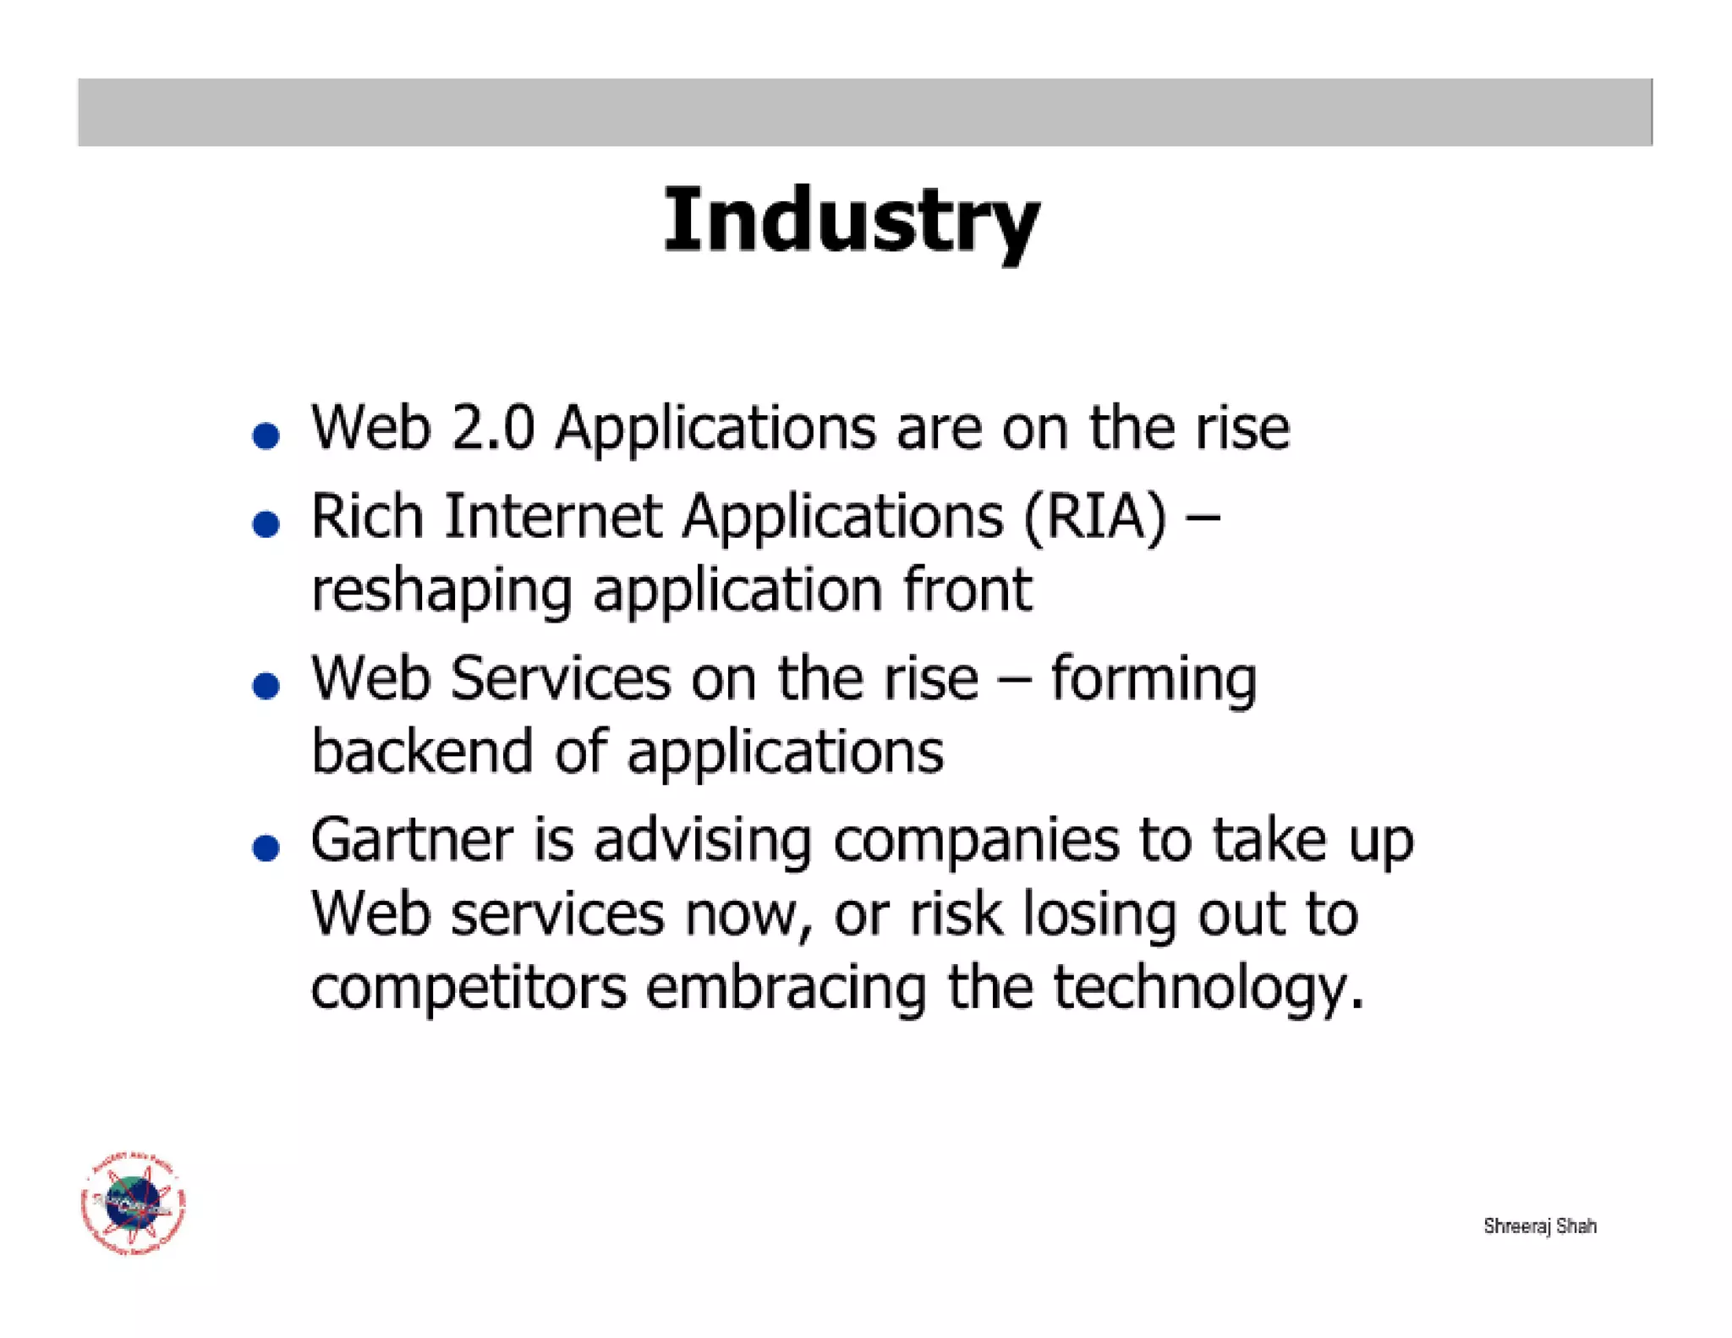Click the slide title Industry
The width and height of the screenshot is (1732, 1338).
[x=851, y=221]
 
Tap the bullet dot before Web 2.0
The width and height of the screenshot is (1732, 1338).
[x=266, y=436]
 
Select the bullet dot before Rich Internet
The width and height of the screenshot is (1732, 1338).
[x=266, y=524]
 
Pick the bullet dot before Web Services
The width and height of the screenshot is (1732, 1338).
[x=266, y=685]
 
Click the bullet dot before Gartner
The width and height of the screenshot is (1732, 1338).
[x=266, y=847]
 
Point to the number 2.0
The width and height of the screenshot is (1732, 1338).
[x=493, y=427]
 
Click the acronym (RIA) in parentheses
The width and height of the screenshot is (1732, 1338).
[x=1094, y=516]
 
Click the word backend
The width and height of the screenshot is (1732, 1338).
[x=422, y=751]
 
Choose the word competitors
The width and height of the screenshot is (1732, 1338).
[x=469, y=987]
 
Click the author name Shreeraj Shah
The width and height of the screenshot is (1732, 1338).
[x=1539, y=1226]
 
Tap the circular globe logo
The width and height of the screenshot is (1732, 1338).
[x=134, y=1203]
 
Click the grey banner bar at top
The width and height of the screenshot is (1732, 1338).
[x=864, y=112]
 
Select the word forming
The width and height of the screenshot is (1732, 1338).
[x=1153, y=679]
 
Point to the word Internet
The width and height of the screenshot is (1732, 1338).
[x=553, y=516]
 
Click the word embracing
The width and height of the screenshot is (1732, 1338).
[x=787, y=987]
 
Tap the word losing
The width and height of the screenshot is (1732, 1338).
[x=1099, y=915]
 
